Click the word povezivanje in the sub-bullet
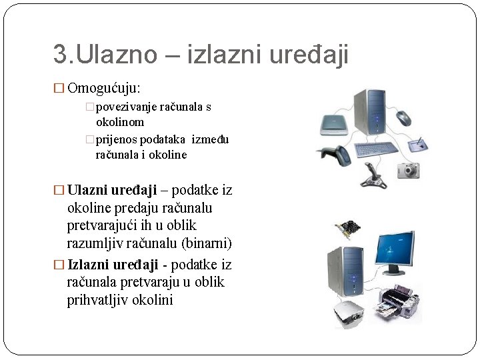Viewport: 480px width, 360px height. tap(127, 107)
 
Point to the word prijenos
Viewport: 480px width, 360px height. tap(116, 139)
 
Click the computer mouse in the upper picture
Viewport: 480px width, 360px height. tap(404, 118)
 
